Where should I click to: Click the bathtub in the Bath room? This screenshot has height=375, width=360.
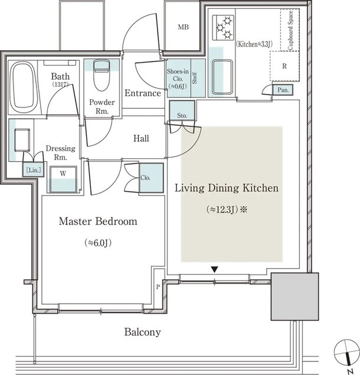[24, 87]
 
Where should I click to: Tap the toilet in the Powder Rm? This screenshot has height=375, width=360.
[102, 74]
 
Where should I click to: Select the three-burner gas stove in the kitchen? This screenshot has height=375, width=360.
[223, 28]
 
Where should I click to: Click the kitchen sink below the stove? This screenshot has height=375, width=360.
[222, 77]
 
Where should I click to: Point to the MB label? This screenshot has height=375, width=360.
[184, 27]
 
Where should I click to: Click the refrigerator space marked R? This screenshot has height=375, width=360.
[284, 66]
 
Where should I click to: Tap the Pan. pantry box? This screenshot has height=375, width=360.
[283, 90]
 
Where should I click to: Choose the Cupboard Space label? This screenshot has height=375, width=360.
[290, 30]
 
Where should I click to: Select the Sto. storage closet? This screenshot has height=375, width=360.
[182, 110]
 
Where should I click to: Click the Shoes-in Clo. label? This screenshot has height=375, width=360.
[178, 79]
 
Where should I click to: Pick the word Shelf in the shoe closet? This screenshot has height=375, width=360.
[195, 78]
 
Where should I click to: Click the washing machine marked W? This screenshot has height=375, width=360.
[63, 179]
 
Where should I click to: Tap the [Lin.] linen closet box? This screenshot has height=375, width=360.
[34, 170]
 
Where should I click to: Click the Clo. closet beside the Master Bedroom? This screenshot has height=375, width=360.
[151, 178]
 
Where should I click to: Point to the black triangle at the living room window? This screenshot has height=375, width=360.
[215, 269]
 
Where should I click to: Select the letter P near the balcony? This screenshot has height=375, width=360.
[158, 287]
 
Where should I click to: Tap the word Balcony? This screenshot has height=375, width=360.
[142, 332]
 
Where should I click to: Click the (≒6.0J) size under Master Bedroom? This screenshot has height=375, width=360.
[98, 243]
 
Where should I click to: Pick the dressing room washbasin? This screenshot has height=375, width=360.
[22, 140]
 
